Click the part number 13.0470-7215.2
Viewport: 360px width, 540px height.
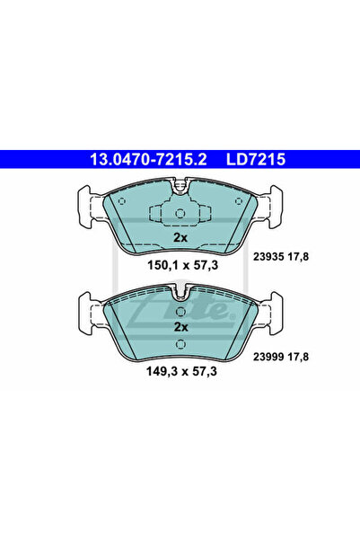pyautogui.click(x=148, y=159)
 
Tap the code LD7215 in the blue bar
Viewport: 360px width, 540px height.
pyautogui.click(x=256, y=159)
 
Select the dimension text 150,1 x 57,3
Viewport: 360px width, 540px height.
pyautogui.click(x=183, y=265)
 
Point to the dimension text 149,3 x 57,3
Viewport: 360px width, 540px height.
pyautogui.click(x=181, y=371)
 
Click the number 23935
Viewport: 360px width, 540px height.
pyautogui.click(x=268, y=257)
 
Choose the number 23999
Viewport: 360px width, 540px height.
pyautogui.click(x=268, y=357)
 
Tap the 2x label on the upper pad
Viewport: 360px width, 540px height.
pyautogui.click(x=180, y=237)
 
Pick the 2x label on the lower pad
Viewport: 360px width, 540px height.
pyautogui.click(x=180, y=327)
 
